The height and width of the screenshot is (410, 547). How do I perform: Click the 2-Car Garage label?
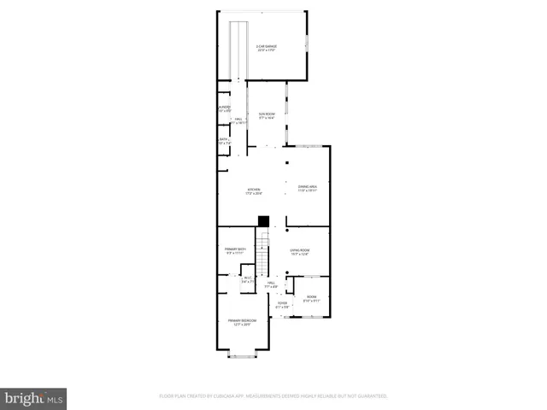click(268, 48)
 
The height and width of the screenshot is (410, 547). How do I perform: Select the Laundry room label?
click(224, 108)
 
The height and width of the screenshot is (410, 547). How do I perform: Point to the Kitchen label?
click(254, 191)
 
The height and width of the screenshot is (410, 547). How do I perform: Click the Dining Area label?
click(308, 189)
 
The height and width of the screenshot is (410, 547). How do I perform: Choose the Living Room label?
click(299, 252)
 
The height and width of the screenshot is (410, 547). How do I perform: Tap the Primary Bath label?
click(235, 251)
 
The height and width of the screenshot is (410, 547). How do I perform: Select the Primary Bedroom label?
click(242, 322)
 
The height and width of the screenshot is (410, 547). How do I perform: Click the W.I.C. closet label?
click(248, 278)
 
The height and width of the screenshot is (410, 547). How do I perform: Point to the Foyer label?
click(282, 305)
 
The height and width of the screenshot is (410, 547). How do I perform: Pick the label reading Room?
click(311, 299)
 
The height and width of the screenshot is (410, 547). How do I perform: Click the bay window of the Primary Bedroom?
click(242, 354)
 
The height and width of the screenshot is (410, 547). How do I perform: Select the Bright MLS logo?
click(33, 398)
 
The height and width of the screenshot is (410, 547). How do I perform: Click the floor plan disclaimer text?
click(273, 396)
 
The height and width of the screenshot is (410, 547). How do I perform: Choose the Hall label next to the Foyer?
click(271, 284)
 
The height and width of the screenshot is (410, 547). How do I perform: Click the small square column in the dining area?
click(288, 161)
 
